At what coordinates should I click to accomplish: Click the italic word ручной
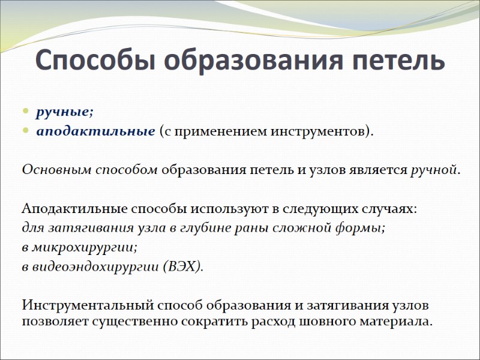point(434,169)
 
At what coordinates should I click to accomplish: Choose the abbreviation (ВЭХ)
point(183,266)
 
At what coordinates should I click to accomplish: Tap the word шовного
point(328,320)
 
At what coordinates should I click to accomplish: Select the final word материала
point(396,320)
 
